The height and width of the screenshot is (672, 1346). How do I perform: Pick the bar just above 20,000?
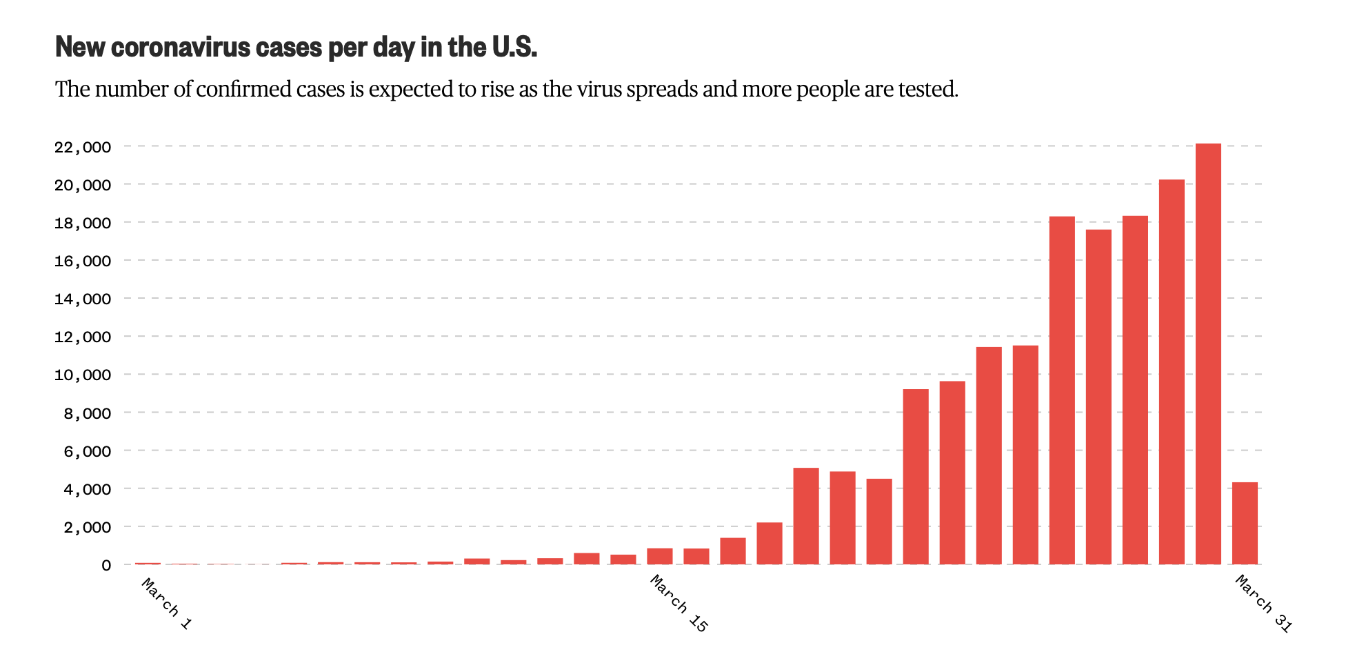coord(1172,372)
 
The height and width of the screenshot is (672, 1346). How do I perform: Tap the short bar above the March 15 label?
coord(660,556)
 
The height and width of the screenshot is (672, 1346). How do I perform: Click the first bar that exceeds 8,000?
coord(916,477)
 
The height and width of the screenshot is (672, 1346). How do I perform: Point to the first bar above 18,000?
coord(1062,391)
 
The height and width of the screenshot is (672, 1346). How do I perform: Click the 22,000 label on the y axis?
coord(82,147)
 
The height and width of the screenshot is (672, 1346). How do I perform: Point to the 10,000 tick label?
coord(82,375)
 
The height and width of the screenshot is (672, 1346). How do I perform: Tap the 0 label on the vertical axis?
coord(106,565)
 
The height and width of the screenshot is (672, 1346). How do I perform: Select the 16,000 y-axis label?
coord(82,261)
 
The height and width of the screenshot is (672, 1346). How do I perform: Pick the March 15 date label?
coord(679,604)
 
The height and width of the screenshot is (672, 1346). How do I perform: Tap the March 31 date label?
coord(1263,604)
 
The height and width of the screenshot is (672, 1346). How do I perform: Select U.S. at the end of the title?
coord(514,47)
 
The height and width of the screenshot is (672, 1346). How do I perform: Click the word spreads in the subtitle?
coord(662,90)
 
